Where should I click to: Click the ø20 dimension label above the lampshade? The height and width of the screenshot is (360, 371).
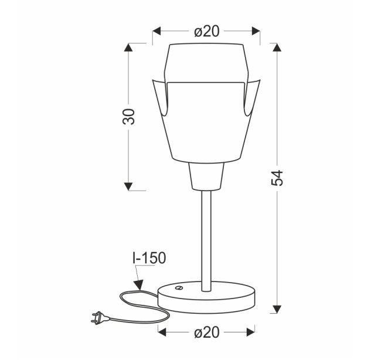tap(207, 31)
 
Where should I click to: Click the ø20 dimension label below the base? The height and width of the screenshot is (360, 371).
tap(207, 332)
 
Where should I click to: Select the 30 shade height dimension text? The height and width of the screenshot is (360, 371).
tap(129, 117)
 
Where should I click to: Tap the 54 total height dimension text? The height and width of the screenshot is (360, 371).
tap(277, 178)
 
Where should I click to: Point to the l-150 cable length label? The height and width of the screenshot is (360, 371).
tap(149, 258)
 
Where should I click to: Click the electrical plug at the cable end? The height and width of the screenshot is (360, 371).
tap(100, 318)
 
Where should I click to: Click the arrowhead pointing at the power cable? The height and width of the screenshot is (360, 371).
tap(139, 285)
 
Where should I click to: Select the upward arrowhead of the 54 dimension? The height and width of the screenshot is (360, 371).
tap(277, 47)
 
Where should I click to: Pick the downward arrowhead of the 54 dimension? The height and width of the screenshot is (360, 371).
tap(277, 309)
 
